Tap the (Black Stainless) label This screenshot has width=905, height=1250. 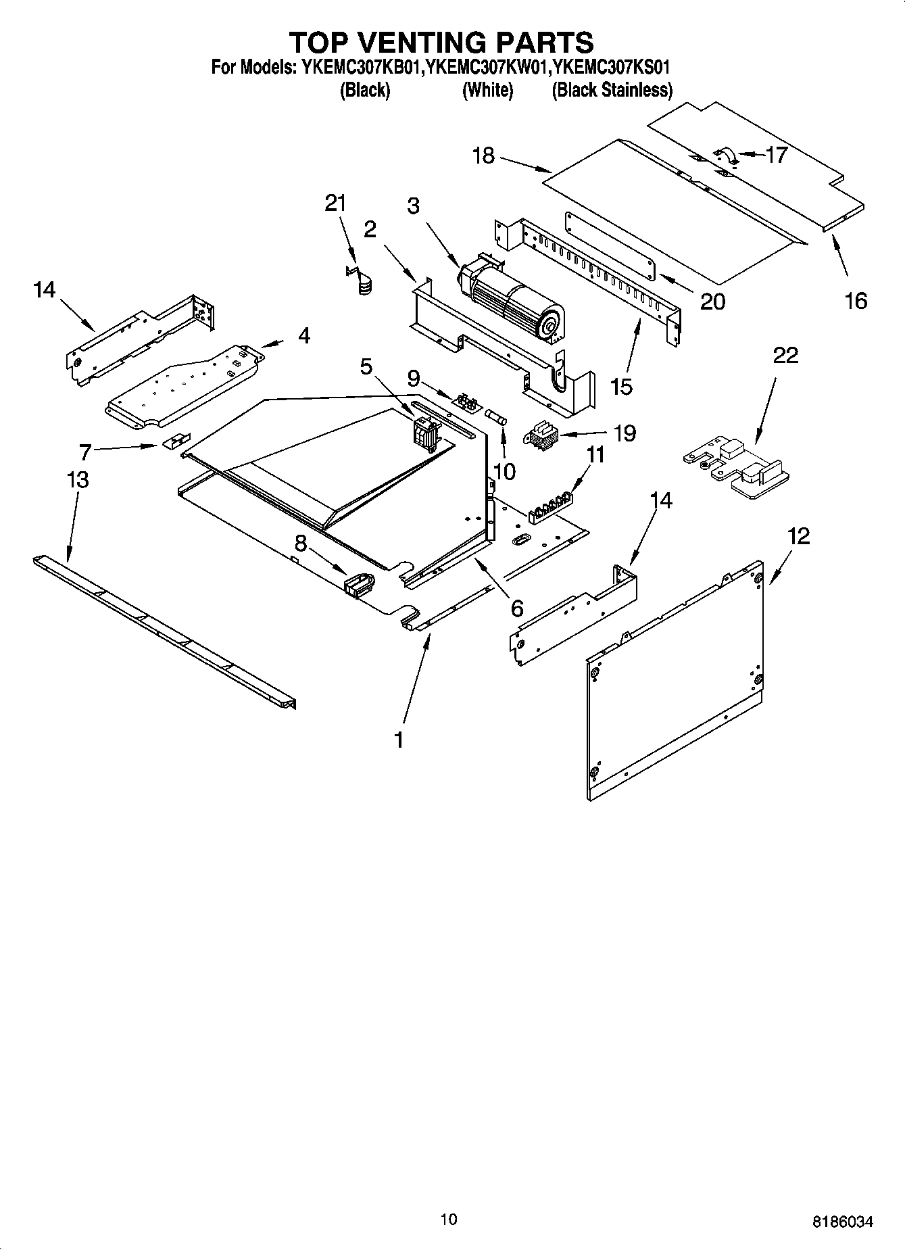click(612, 90)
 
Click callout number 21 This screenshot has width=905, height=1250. click(335, 202)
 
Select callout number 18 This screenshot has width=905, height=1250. click(483, 156)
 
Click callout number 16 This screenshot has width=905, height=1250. click(856, 300)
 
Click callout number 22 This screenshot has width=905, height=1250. click(785, 355)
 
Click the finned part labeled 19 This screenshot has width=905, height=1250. click(541, 434)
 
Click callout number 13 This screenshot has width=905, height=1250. click(78, 480)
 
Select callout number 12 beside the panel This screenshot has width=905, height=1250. click(798, 536)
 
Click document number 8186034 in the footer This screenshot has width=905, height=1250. click(842, 1221)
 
